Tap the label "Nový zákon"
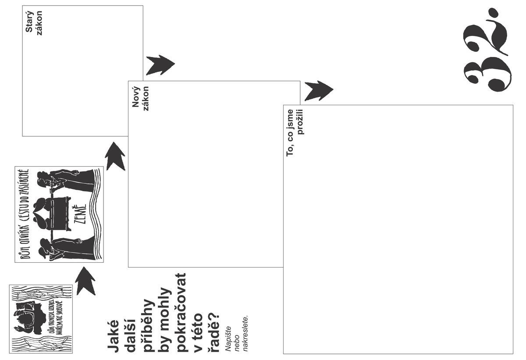coord(141,98)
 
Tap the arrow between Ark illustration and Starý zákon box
coord(115,156)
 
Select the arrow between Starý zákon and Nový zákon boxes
coord(160,64)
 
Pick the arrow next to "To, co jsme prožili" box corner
coord(318,90)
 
